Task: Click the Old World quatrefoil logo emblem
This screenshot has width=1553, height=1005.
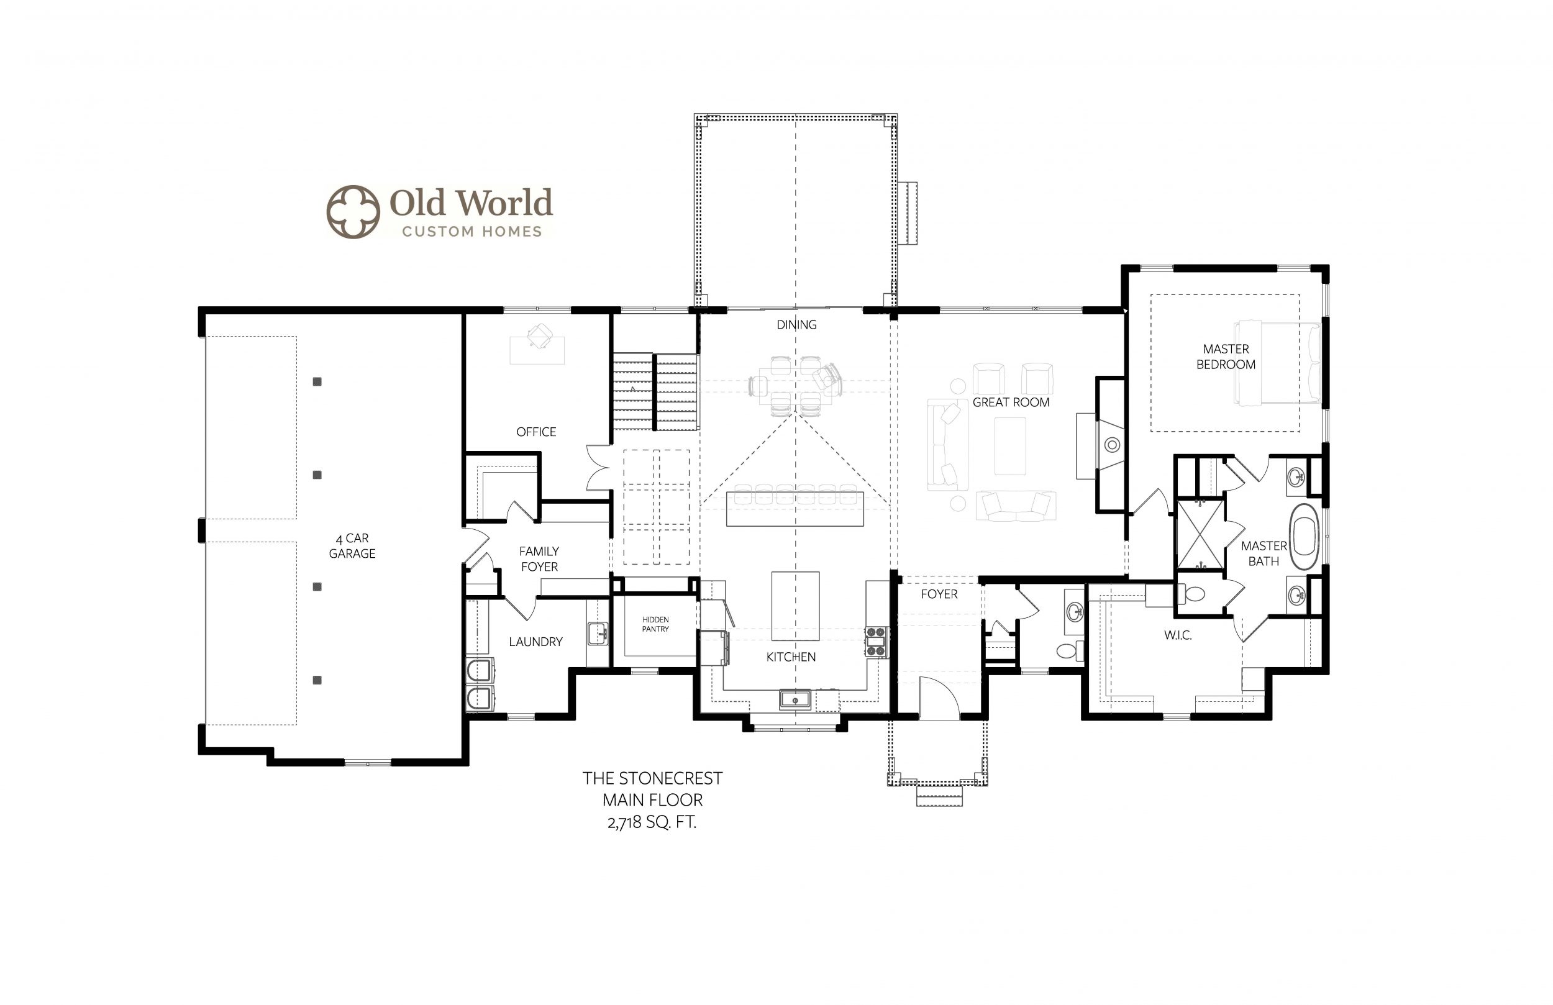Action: (353, 211)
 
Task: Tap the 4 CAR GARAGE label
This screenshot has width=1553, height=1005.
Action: (352, 545)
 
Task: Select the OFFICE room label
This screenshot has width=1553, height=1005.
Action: (536, 432)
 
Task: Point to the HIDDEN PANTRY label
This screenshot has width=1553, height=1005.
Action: (655, 624)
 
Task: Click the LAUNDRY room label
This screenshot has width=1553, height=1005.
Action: (535, 642)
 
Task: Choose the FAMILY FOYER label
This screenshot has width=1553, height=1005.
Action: (539, 559)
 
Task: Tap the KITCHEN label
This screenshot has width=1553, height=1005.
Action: (791, 657)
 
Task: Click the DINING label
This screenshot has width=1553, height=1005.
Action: (796, 324)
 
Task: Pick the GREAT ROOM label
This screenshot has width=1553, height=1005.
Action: (1011, 402)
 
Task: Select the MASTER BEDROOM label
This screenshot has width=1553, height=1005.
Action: (1226, 357)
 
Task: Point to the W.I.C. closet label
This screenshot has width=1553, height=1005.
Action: (1178, 635)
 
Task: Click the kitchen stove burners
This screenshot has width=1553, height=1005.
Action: (876, 642)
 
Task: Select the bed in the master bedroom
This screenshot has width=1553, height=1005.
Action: (1277, 363)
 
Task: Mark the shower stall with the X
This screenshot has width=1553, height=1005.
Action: (1200, 534)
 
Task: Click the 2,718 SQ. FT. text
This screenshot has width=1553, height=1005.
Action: (652, 822)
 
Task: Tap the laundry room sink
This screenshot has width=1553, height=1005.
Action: (597, 633)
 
